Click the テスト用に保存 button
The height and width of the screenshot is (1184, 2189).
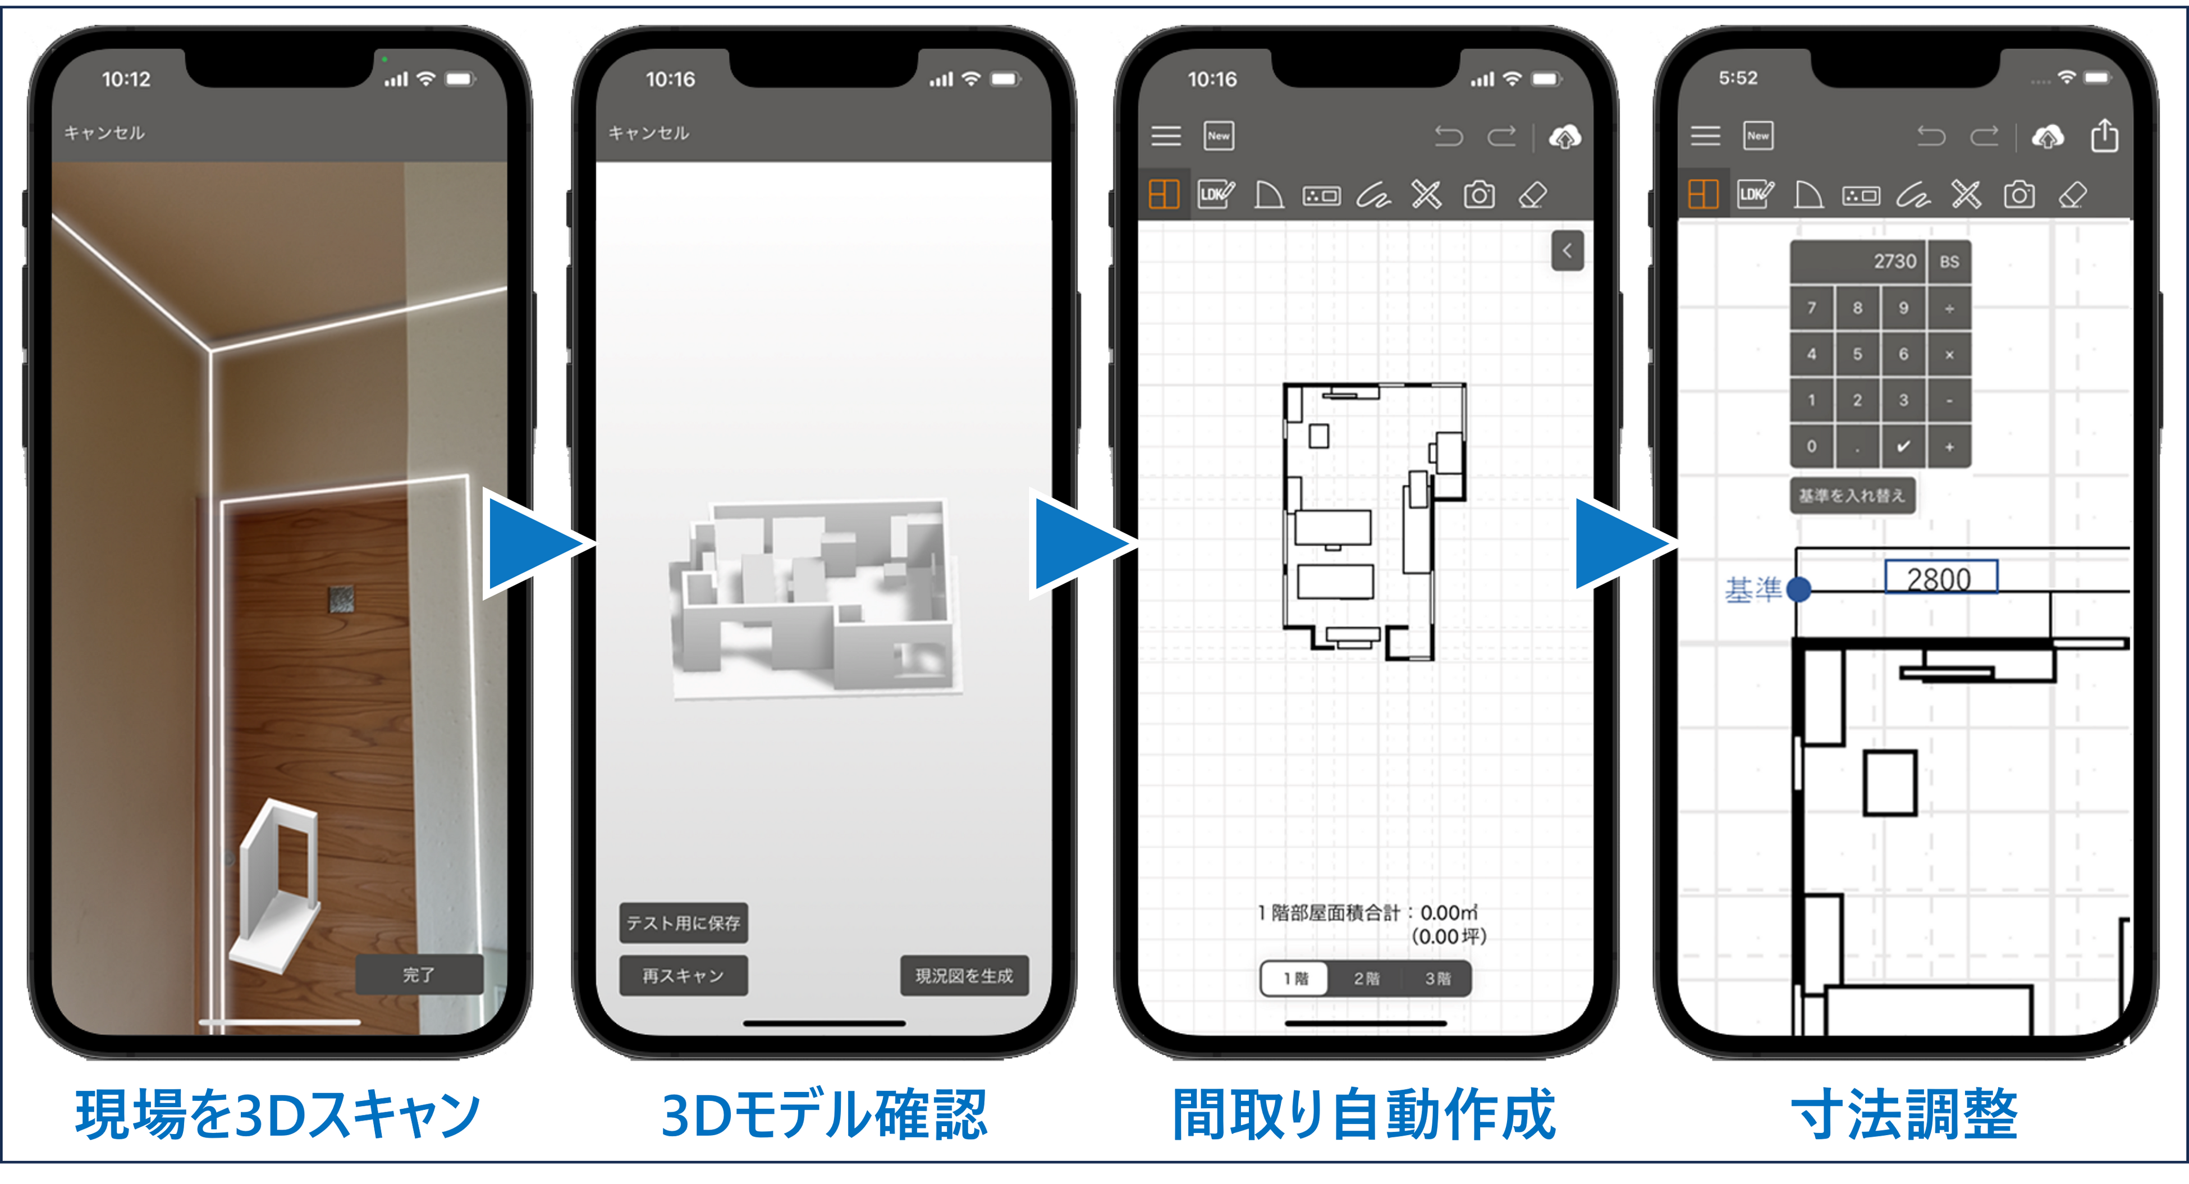coord(683,923)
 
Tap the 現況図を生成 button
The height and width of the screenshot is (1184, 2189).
coord(964,976)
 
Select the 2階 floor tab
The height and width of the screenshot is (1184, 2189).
coord(1366,979)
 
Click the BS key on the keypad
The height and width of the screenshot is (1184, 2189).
coord(1949,262)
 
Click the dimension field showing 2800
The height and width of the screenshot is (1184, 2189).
coord(1940,579)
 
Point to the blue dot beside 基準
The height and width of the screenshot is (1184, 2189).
coord(1798,588)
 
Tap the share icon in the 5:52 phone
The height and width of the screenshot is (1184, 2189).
coord(2104,136)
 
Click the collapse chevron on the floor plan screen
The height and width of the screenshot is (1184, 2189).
coord(1567,251)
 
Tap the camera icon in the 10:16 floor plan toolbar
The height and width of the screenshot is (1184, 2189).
coord(1478,195)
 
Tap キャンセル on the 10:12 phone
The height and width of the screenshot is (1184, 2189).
coord(104,132)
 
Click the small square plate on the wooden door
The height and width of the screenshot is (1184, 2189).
coord(341,598)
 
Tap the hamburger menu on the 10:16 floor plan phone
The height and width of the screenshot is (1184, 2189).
coord(1166,136)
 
